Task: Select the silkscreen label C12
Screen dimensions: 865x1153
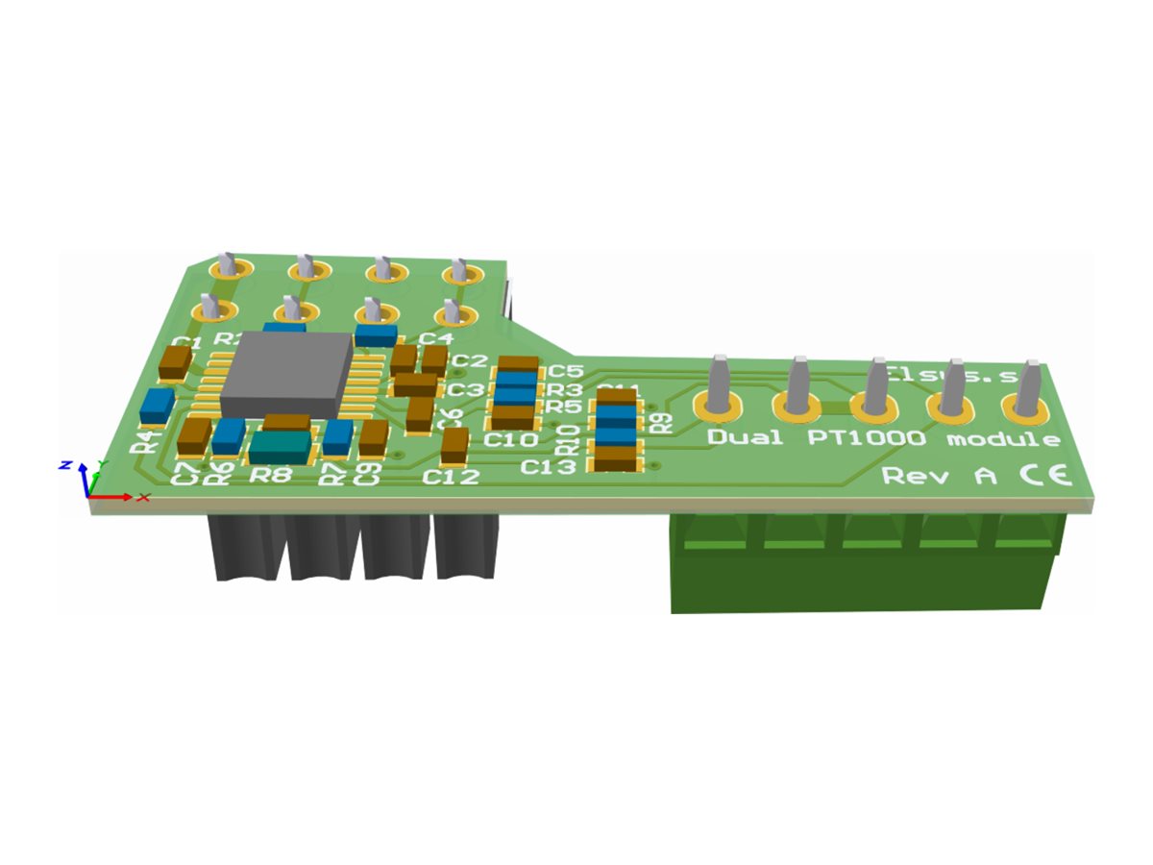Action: click(x=453, y=476)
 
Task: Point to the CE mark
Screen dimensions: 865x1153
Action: click(x=1040, y=475)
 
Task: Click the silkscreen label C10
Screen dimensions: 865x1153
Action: click(x=510, y=440)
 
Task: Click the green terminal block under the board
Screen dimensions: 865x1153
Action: click(x=865, y=567)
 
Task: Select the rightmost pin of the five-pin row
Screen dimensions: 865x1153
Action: click(x=1027, y=389)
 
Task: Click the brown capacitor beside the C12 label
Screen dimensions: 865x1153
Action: click(x=454, y=444)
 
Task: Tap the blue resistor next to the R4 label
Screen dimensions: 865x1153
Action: click(x=156, y=406)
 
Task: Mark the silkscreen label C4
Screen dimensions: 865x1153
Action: click(x=435, y=337)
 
